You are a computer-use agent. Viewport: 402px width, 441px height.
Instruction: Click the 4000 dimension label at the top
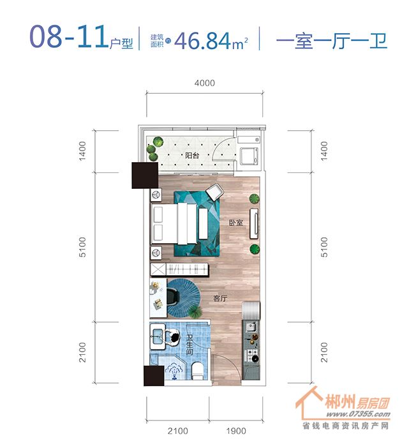tap(204, 83)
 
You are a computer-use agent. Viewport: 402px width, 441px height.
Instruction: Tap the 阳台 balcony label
tap(192, 155)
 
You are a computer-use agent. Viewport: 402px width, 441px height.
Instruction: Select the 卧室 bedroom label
tap(236, 223)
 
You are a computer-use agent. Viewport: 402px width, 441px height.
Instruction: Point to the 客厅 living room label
tap(220, 298)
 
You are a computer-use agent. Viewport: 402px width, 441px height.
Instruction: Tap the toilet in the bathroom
tap(197, 370)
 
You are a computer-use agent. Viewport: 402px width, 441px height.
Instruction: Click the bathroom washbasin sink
tap(158, 336)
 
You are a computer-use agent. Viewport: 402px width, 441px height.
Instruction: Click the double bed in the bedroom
tap(174, 223)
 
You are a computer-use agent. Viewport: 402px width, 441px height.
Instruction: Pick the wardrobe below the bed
tap(179, 269)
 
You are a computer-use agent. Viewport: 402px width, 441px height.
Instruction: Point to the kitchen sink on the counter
tap(251, 327)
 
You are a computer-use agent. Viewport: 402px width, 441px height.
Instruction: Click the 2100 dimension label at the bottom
tap(177, 431)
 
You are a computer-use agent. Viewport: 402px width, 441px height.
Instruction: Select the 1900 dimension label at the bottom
tap(236, 431)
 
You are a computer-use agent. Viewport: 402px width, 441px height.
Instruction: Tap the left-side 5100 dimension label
tap(82, 247)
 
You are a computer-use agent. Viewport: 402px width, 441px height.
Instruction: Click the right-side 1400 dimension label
tap(324, 151)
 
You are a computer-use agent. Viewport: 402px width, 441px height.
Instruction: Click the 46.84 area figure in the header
tap(202, 41)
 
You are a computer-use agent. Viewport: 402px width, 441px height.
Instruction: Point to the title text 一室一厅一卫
tap(331, 41)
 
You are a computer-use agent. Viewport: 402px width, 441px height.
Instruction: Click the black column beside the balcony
tap(145, 176)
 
